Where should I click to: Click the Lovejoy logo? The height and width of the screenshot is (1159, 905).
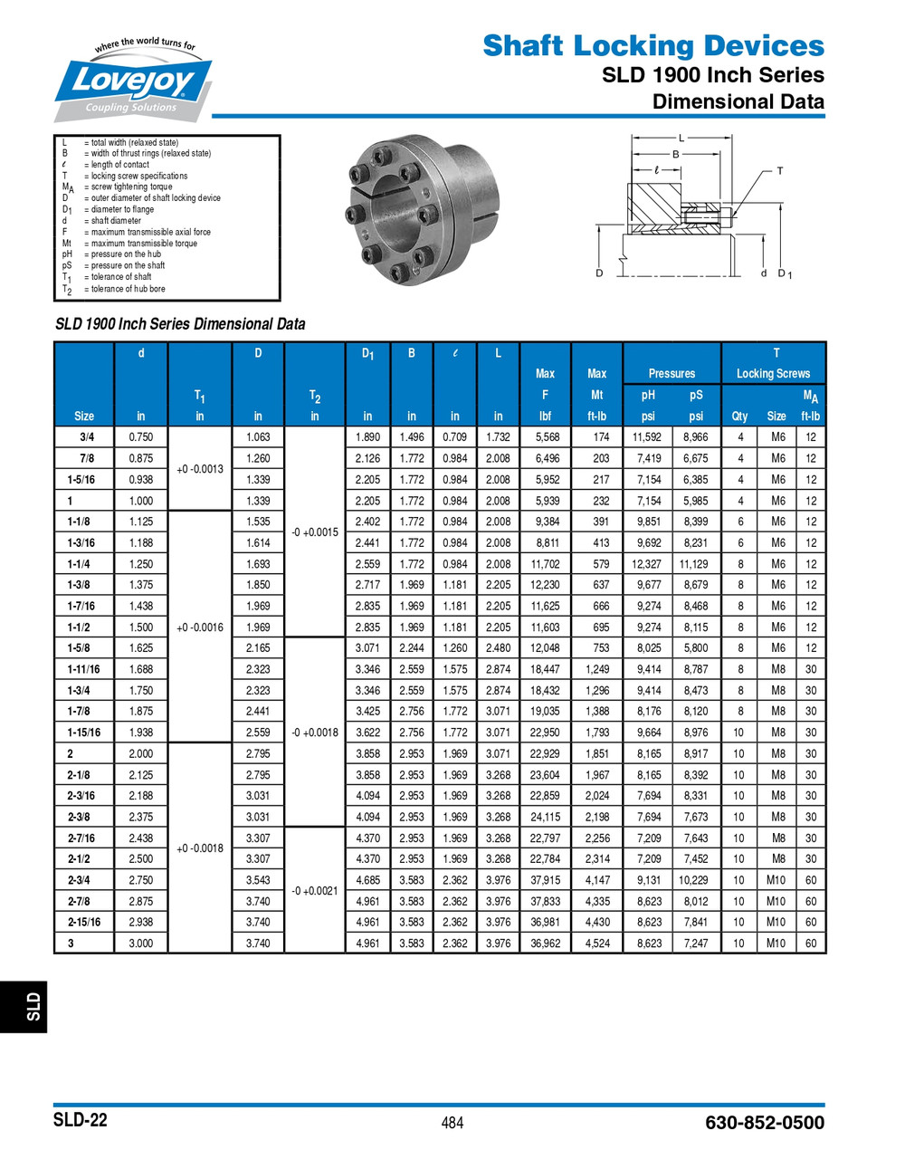click(133, 82)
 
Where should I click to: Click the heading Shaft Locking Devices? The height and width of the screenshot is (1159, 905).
click(653, 45)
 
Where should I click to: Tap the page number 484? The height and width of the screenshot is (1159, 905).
click(452, 1123)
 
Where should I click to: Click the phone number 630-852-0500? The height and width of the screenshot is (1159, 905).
click(764, 1123)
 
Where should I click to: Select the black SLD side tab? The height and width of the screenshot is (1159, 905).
click(24, 1005)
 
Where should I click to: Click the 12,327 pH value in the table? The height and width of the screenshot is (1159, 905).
click(648, 564)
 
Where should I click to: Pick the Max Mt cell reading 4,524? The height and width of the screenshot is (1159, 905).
click(597, 943)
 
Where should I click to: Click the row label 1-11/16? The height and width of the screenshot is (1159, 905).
click(83, 669)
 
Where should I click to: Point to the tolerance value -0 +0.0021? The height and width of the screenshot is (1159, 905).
click(314, 891)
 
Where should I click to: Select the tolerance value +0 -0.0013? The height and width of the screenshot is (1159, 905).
click(199, 469)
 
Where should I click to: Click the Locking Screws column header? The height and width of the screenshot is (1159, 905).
click(773, 373)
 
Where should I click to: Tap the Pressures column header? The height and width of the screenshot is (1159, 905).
click(672, 373)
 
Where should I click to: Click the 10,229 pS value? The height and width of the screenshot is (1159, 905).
click(695, 880)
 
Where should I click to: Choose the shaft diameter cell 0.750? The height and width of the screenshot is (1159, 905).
click(141, 436)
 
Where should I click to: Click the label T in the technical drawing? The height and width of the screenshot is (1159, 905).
click(779, 170)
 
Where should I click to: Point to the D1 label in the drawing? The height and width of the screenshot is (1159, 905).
click(785, 273)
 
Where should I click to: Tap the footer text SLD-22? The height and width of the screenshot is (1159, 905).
click(80, 1120)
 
